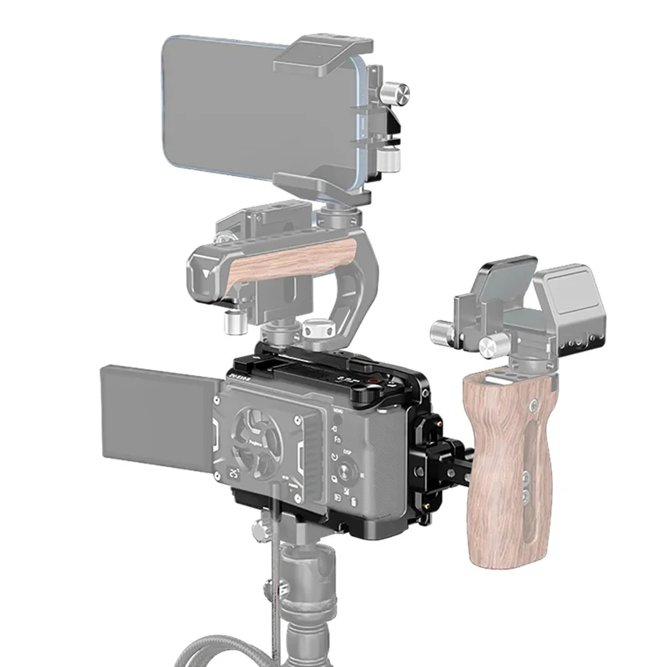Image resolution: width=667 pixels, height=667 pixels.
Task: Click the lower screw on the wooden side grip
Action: tap(524, 498)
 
